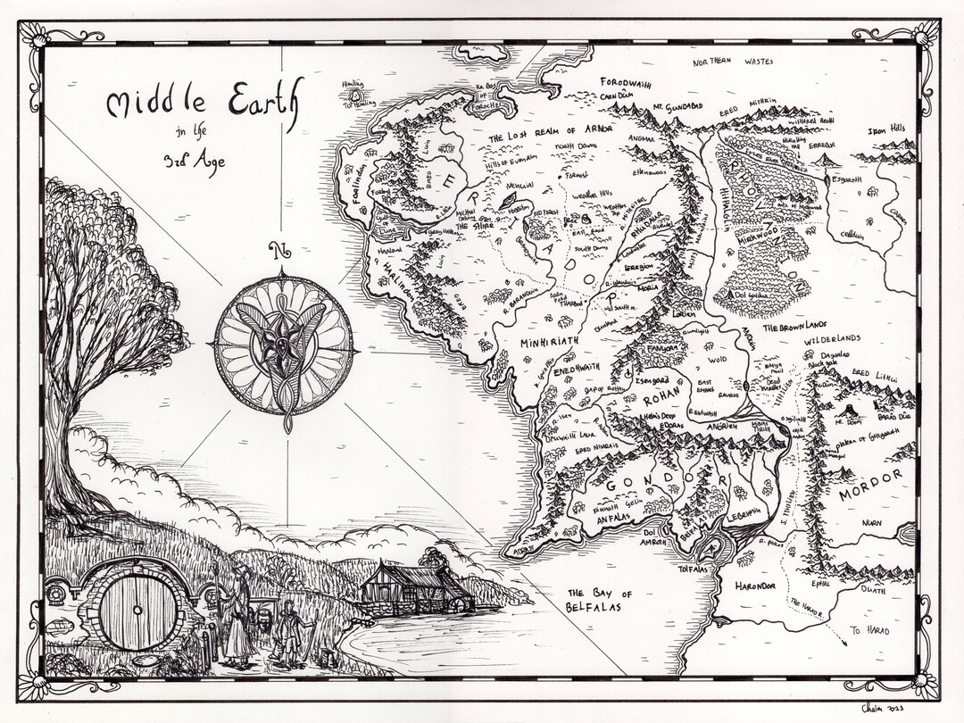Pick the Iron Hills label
[886, 129]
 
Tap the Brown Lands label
[789, 328]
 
